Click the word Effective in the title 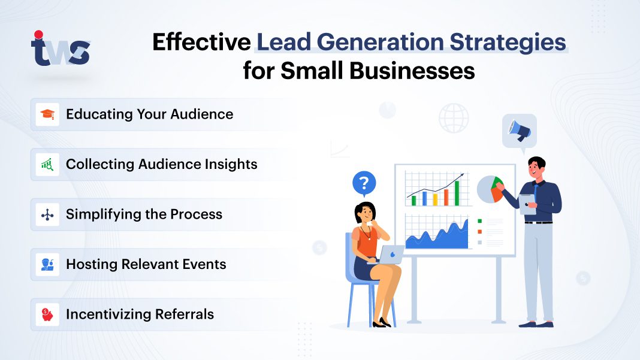201,43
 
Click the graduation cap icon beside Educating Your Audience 47,114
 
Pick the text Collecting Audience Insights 161,164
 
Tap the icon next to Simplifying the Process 47,214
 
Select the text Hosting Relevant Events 146,264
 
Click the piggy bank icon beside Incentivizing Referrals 47,314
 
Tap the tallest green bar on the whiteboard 456,192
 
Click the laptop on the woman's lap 390,254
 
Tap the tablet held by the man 528,203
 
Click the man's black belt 538,222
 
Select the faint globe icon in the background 454,118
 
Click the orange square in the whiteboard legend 479,231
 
